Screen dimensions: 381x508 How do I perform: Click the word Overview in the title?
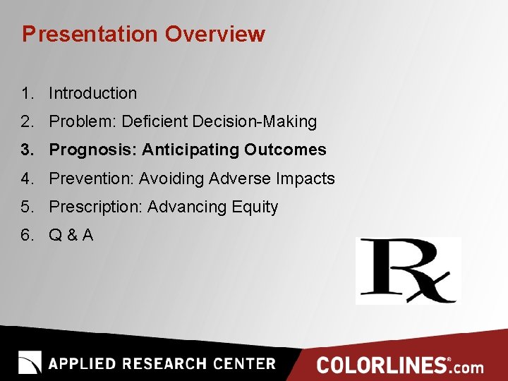click(x=215, y=34)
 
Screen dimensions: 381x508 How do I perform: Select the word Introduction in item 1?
click(x=92, y=93)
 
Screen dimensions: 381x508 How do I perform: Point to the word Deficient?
click(x=152, y=121)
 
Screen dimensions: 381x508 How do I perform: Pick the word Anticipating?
click(x=191, y=150)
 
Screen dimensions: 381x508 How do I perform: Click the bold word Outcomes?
click(x=286, y=150)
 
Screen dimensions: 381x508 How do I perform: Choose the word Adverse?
click(x=240, y=179)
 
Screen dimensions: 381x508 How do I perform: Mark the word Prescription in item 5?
click(x=95, y=207)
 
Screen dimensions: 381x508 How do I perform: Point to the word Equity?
click(x=255, y=207)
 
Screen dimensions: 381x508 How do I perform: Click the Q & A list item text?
click(x=71, y=235)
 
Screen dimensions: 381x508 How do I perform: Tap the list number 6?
click(x=26, y=235)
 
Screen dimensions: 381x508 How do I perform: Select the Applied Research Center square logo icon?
click(x=30, y=363)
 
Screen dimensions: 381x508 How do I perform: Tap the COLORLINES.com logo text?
click(x=399, y=365)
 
